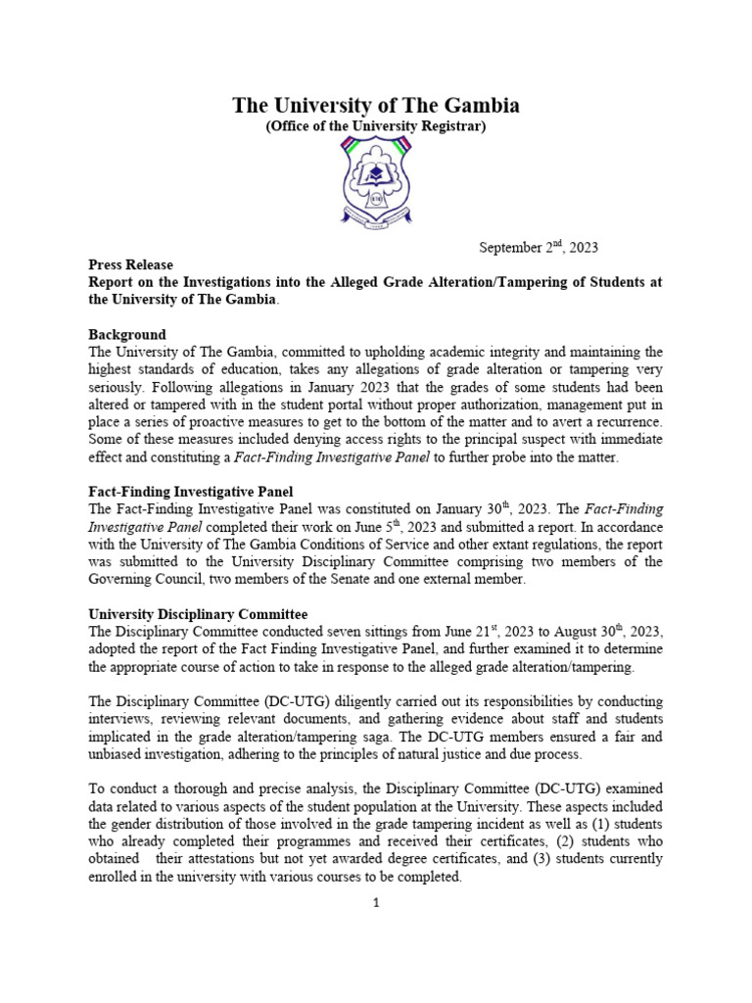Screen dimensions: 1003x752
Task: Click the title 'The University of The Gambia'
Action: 375,106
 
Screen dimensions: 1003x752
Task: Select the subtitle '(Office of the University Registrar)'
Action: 375,127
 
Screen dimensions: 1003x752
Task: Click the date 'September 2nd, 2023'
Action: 538,247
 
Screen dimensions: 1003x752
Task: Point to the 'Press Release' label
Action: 130,264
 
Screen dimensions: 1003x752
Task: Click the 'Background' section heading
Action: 127,335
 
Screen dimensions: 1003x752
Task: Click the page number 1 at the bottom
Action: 375,902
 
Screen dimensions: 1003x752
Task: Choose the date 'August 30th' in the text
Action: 587,632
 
